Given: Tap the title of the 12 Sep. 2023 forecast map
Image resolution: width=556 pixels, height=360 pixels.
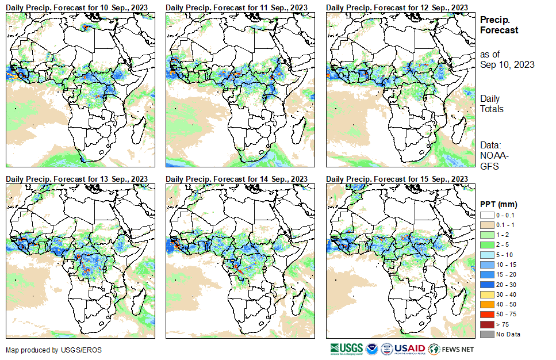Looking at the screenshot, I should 396,6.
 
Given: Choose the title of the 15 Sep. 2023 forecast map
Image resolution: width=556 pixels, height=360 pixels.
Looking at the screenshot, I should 396,179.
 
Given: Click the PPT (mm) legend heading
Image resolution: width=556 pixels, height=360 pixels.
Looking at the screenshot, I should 499,204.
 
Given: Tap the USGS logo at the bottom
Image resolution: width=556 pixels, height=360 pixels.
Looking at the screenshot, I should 346,349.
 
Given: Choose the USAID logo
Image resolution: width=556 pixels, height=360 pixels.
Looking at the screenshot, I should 409,349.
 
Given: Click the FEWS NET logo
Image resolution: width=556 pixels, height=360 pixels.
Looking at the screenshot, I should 451,349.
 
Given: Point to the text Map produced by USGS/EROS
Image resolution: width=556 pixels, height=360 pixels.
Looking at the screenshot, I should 46,350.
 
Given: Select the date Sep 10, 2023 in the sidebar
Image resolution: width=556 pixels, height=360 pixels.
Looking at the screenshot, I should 507,64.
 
